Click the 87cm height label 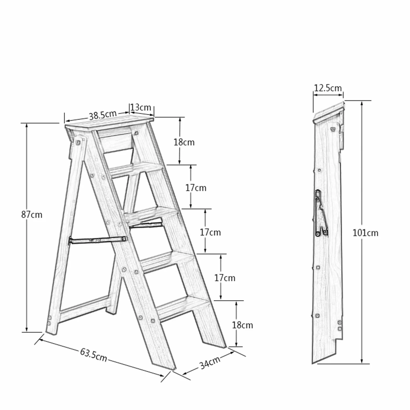coord(32,215)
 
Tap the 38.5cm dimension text coord(103,115)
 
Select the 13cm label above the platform coord(141,107)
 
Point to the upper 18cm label coord(184,142)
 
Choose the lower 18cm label coord(242,325)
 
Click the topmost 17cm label coord(196,188)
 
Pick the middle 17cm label coord(210,232)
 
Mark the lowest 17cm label coord(225,278)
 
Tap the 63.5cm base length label coord(94,355)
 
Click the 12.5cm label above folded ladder coord(328,88)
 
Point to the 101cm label coord(365,233)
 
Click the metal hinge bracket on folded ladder coord(321,213)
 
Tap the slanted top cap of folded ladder coord(329,112)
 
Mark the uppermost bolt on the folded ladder coord(333,129)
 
